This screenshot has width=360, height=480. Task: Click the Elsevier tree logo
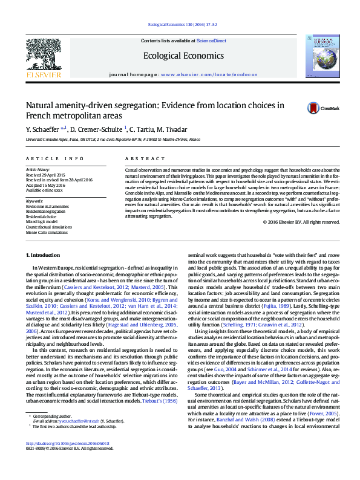point(43,54)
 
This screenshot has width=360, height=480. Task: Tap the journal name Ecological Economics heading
point(180,56)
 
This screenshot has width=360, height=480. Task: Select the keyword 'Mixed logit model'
point(44,221)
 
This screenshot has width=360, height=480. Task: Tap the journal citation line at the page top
point(180,25)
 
